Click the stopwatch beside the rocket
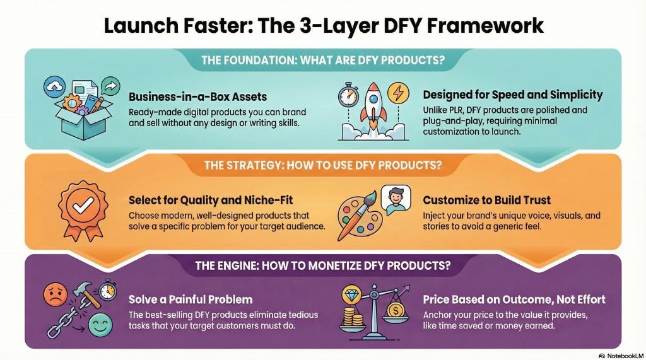(x=348, y=96)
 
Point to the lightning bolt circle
(x=398, y=92)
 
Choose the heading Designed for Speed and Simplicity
(x=512, y=95)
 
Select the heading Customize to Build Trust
(x=486, y=200)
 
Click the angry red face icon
(x=55, y=293)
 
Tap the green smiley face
(x=98, y=327)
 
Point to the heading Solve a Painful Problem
(x=191, y=299)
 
